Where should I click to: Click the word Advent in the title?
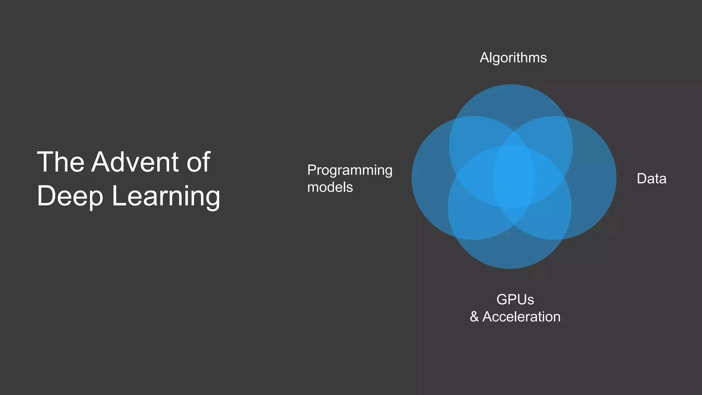135,162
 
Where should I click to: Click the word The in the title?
60,162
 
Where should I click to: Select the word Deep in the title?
70,196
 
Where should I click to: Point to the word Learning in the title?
166,196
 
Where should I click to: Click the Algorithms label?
513,58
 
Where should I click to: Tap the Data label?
651,179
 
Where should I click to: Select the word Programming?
350,170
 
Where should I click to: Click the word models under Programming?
330,187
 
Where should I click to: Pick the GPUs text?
515,300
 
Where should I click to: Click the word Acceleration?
521,317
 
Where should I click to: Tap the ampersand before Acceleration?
474,317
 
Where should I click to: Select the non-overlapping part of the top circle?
511,103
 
